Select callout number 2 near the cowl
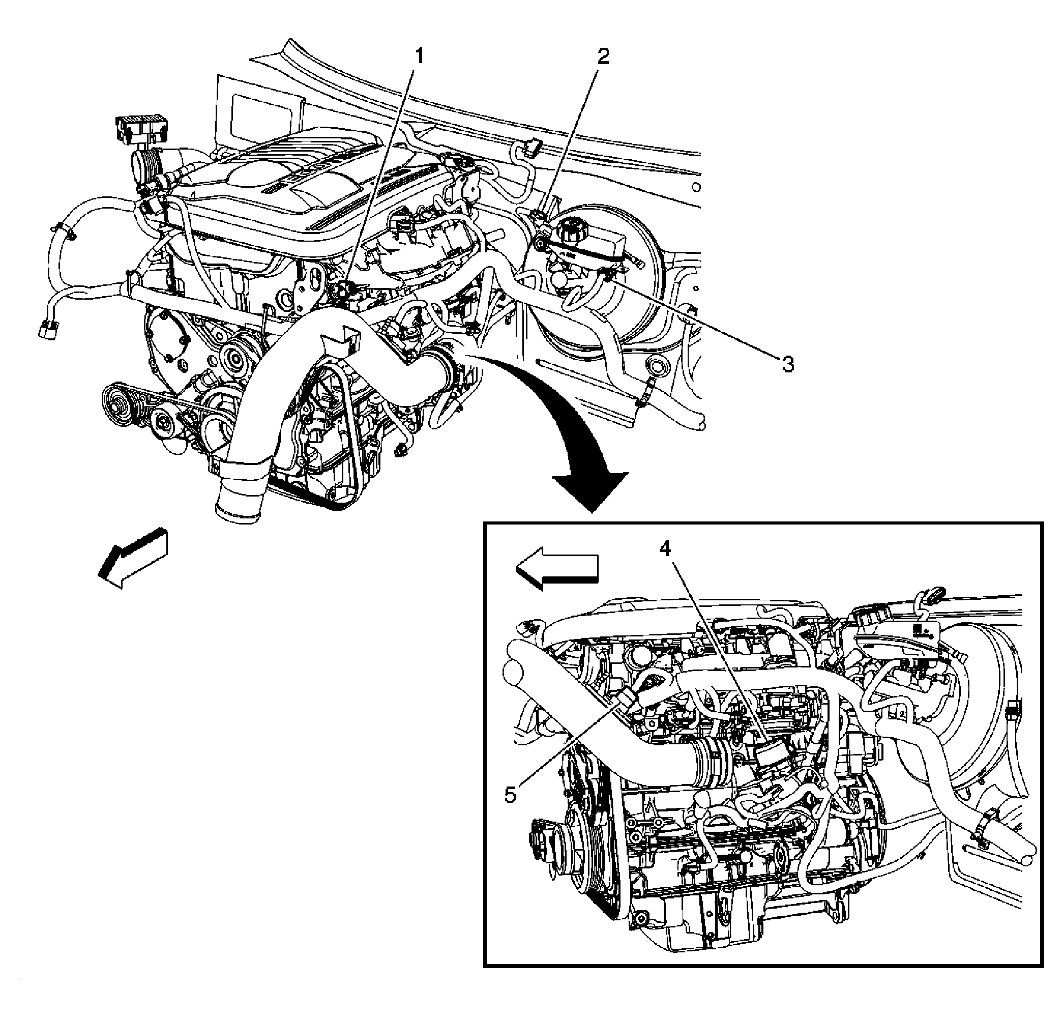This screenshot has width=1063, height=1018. (603, 56)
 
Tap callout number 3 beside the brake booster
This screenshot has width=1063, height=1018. (787, 364)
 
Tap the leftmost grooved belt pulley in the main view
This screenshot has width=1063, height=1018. (117, 403)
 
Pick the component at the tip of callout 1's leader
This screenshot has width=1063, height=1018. (345, 288)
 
